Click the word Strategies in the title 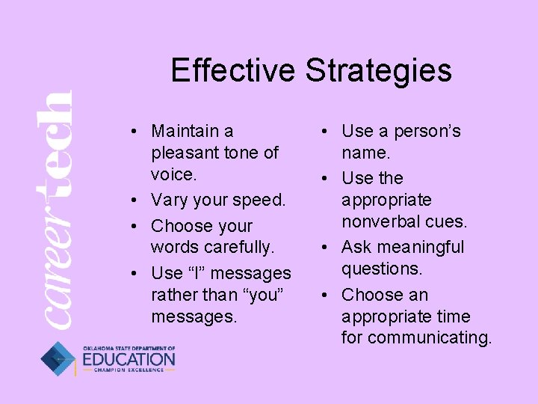click(x=378, y=71)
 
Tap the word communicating click(x=430, y=337)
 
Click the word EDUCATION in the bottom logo click(x=129, y=360)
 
